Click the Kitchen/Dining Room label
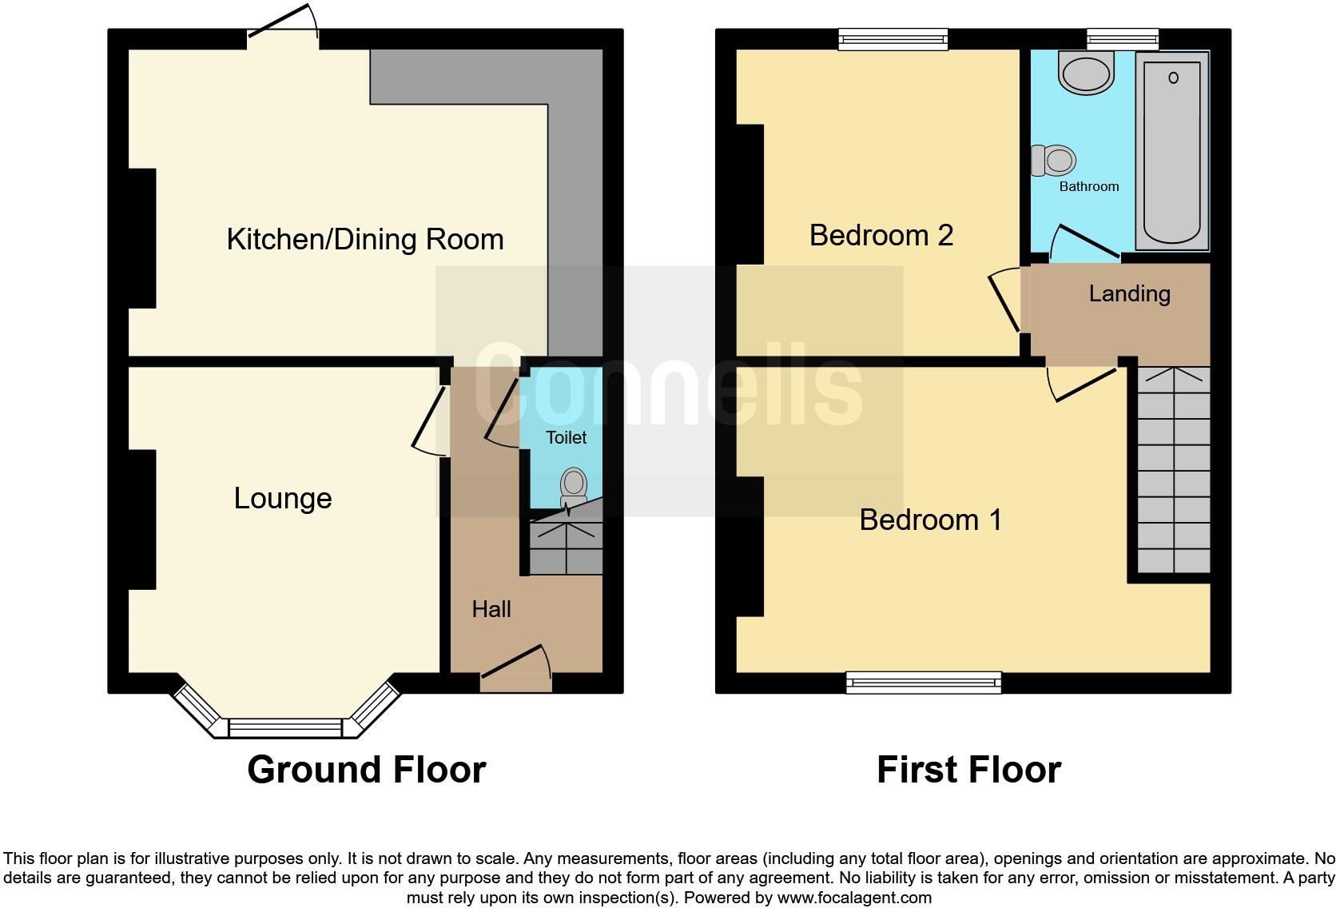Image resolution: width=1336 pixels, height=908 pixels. point(365,239)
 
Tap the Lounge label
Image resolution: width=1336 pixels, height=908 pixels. point(283,498)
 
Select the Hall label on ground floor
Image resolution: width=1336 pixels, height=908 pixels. point(491,609)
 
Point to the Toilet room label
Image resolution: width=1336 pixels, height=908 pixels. point(566,437)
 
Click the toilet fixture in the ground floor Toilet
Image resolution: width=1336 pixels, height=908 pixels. point(574,486)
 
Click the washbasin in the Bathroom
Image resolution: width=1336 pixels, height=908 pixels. point(1085,73)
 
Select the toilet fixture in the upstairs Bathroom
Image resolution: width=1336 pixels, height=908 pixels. point(1054,161)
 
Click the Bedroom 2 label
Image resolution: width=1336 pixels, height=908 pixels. point(881,235)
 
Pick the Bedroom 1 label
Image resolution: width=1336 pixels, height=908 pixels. point(930,520)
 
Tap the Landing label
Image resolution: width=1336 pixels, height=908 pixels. point(1129,293)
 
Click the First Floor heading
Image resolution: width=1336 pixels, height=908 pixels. point(968,770)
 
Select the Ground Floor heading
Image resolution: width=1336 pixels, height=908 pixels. point(366,770)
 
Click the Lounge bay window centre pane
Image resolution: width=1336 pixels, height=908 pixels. point(285,728)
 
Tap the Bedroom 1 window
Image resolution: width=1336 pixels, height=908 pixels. point(924,682)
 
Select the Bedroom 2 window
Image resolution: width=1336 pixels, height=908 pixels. point(893,38)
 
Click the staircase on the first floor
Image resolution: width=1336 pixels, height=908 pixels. point(1173,472)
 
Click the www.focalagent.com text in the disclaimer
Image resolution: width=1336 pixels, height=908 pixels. point(854,898)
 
